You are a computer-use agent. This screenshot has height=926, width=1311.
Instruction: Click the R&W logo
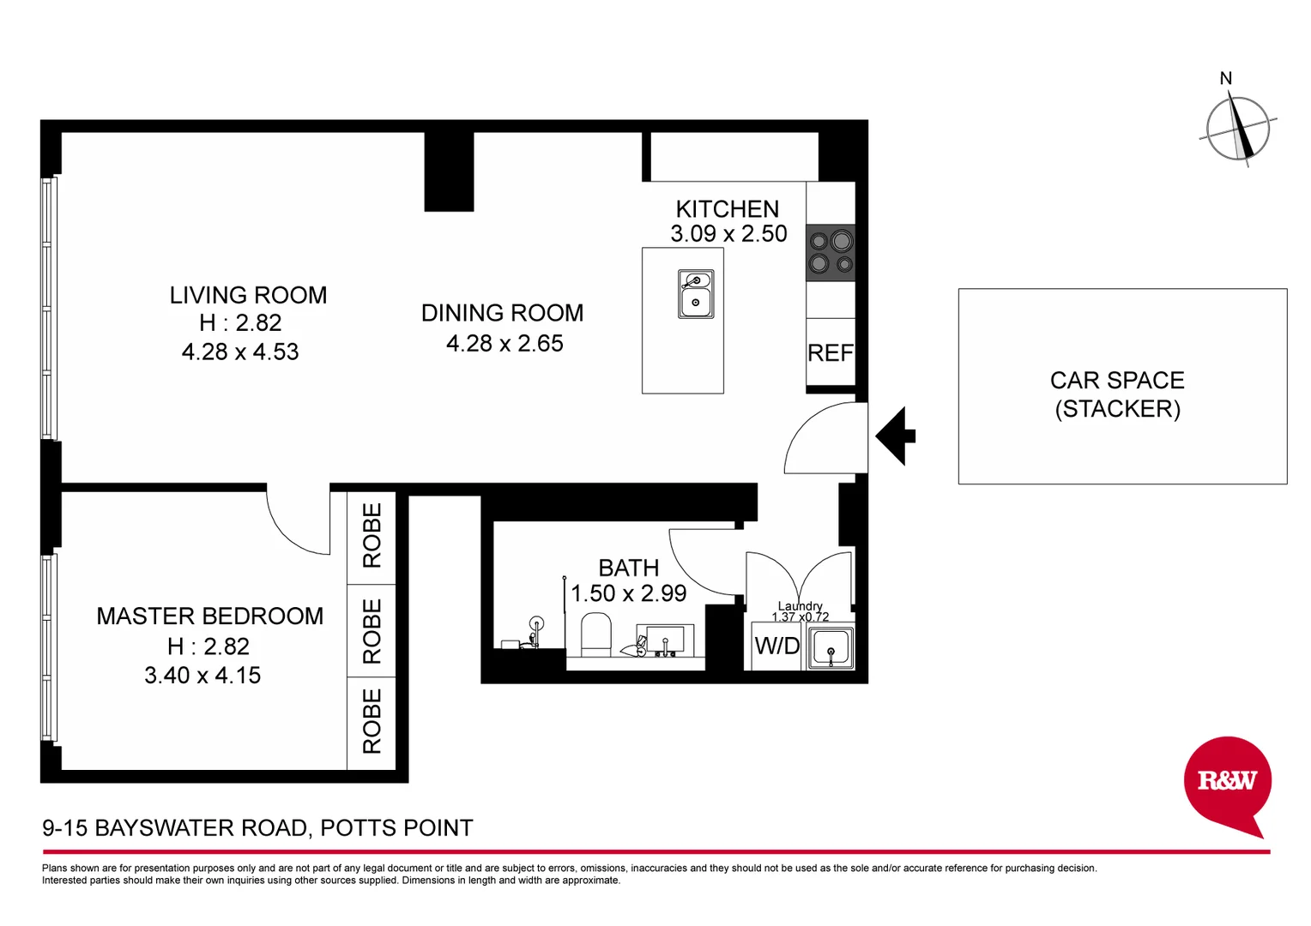pos(1226,781)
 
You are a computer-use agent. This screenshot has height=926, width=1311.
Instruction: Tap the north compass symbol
pos(1237,129)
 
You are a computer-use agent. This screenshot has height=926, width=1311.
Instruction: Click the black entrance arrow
pos(896,436)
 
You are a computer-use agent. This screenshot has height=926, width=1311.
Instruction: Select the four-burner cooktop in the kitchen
pos(830,253)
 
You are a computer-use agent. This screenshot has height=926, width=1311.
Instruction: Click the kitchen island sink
pos(695,294)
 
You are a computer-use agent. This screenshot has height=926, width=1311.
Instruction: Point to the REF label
pos(830,353)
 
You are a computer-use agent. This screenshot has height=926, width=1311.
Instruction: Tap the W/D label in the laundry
pos(776,646)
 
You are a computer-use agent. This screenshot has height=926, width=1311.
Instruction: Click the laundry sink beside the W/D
pos(831,647)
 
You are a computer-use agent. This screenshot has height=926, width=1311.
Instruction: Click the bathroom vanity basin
pos(664,640)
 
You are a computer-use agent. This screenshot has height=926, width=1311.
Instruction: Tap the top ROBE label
pos(372,535)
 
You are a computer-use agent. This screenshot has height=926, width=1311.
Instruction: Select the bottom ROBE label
pos(372,721)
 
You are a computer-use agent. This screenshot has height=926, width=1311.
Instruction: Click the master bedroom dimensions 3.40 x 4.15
pos(202,676)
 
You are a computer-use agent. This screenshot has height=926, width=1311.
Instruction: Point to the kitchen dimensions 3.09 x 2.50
pos(728,234)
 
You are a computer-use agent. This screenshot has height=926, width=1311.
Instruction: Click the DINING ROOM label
pos(502,313)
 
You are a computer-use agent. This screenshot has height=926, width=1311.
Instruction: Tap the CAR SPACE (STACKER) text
pos(1117,394)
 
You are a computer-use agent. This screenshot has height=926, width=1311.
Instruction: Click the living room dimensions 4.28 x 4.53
pos(240,352)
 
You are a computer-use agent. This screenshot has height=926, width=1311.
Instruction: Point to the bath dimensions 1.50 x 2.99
pos(629,593)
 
